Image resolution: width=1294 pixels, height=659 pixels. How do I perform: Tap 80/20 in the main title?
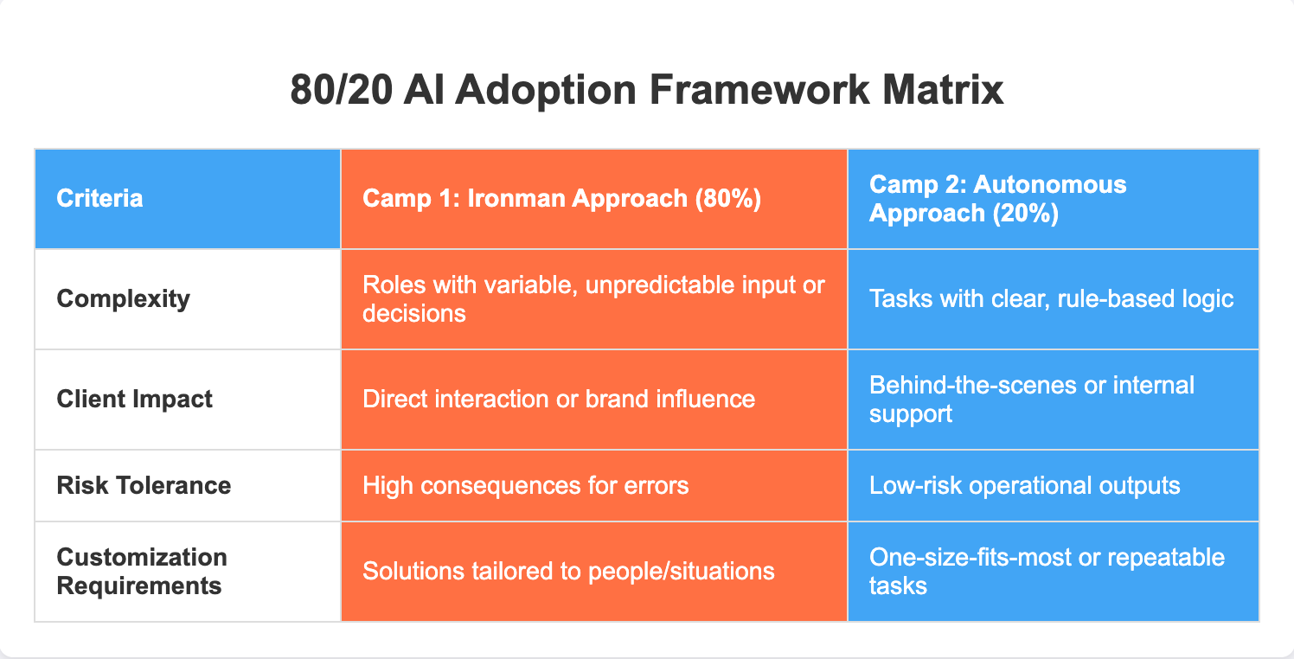(x=342, y=90)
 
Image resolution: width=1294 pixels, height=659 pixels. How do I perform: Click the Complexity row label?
(x=123, y=299)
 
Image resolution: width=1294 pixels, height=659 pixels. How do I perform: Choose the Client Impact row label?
(x=135, y=399)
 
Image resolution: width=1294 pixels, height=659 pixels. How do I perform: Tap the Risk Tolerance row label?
(x=144, y=486)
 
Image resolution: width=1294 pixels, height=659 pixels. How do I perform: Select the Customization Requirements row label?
(x=142, y=571)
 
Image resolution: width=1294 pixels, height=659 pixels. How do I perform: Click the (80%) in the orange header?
(x=728, y=199)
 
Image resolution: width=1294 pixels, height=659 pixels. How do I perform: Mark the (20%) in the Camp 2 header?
(x=1025, y=213)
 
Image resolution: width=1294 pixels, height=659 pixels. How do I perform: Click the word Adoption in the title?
(x=545, y=92)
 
